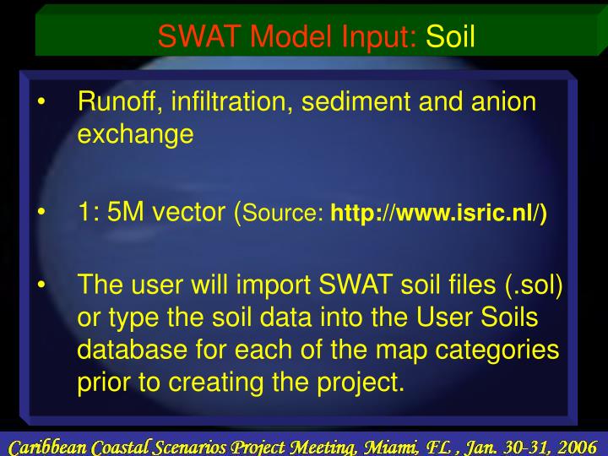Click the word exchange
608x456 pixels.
135,134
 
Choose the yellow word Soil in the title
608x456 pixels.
451,35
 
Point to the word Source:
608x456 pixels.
285,214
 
